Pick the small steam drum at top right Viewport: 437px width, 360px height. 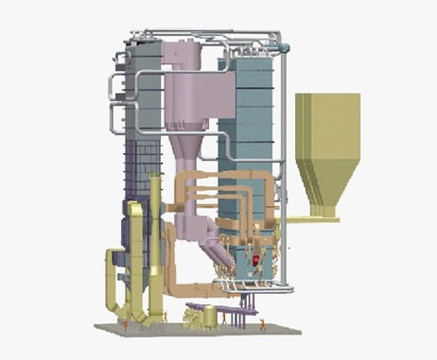278,44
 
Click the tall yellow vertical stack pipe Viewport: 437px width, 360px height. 155,246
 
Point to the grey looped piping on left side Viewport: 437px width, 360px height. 117,104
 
